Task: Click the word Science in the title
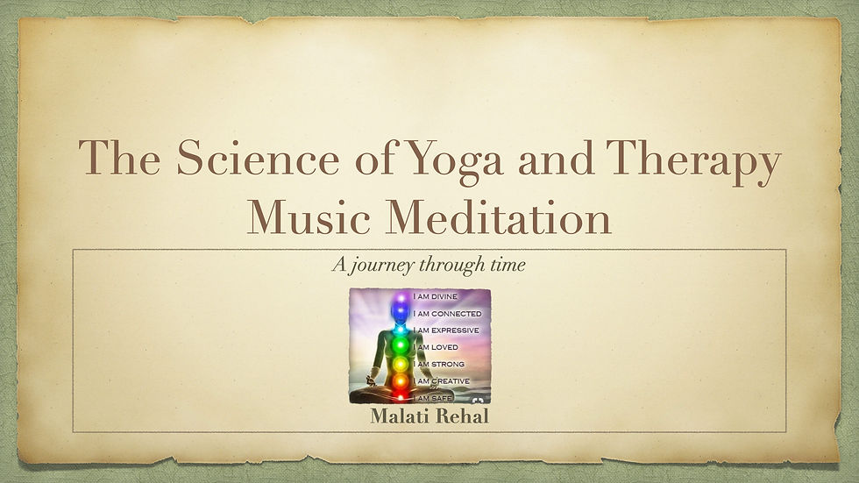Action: click(258, 158)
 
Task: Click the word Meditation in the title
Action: click(498, 217)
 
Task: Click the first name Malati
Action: click(398, 416)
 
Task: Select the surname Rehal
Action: click(460, 416)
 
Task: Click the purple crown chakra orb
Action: click(401, 298)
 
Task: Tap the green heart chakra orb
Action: click(401, 345)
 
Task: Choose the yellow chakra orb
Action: click(401, 364)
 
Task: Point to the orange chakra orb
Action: click(401, 380)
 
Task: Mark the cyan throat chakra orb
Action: click(401, 329)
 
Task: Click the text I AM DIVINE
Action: click(435, 296)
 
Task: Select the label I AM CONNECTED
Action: click(447, 314)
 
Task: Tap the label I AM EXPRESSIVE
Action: click(446, 330)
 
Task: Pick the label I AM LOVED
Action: click(436, 347)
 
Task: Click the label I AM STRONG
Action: click(438, 364)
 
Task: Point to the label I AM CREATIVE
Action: click(442, 381)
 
